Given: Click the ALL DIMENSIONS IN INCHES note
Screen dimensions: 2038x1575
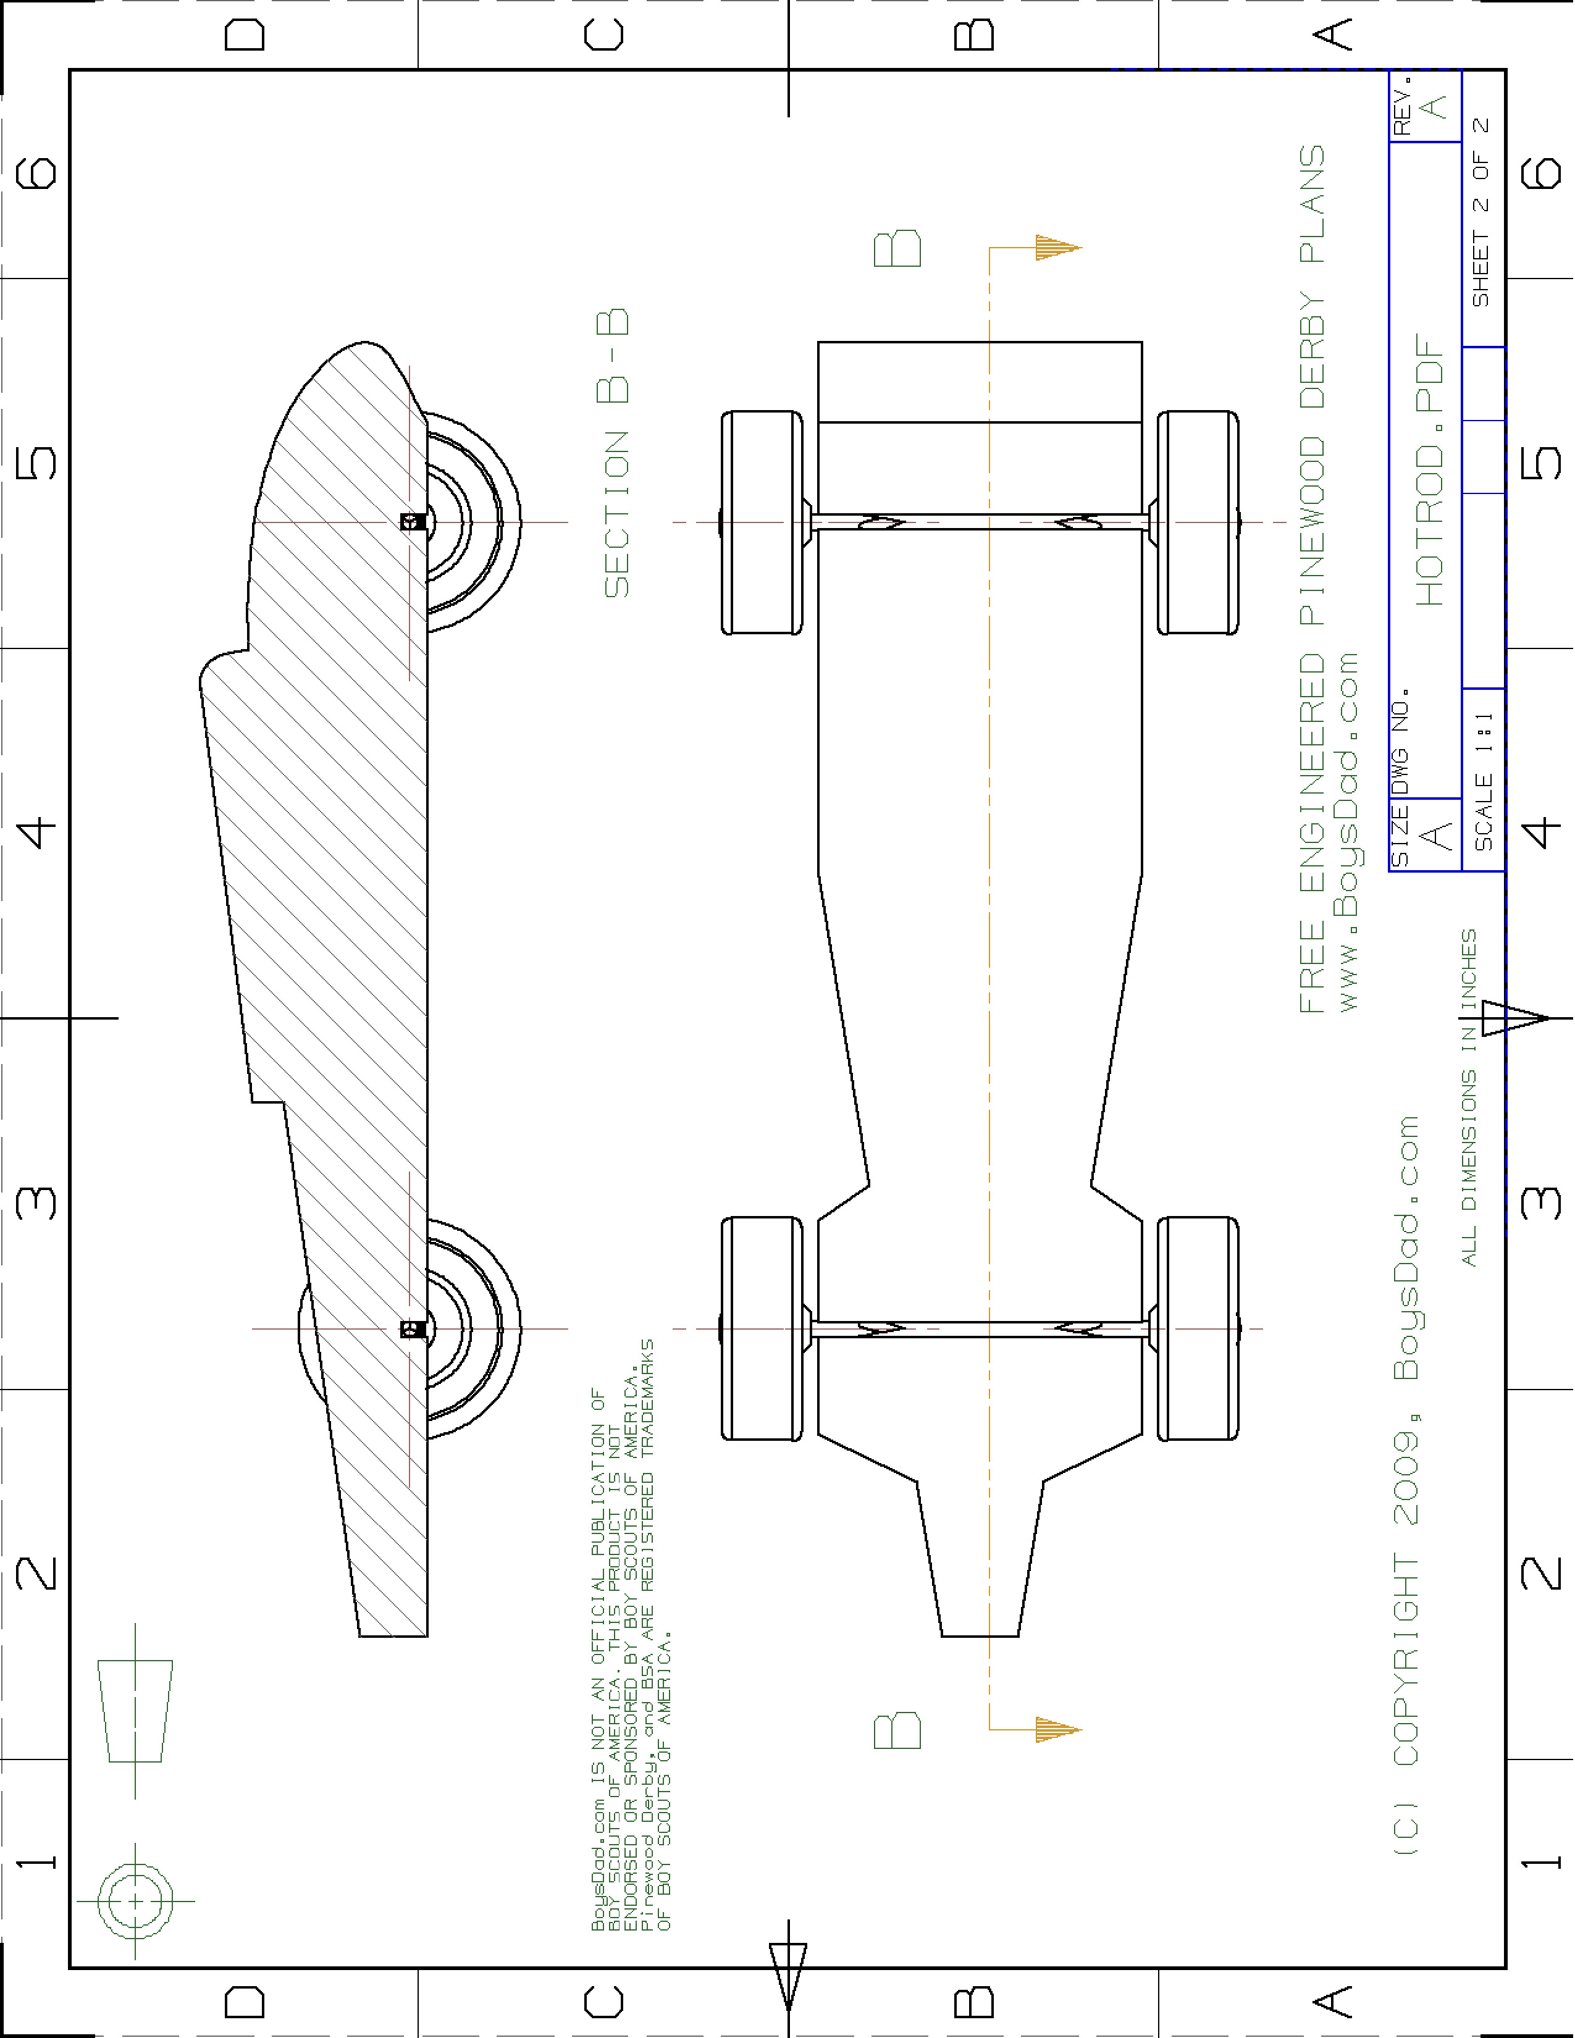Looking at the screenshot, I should tap(1469, 1097).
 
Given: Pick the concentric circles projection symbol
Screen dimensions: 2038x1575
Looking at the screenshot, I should tap(135, 1901).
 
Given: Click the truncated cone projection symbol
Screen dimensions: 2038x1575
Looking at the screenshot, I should tap(135, 1711).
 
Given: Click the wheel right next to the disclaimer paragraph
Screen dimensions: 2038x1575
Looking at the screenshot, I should tap(762, 1329).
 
